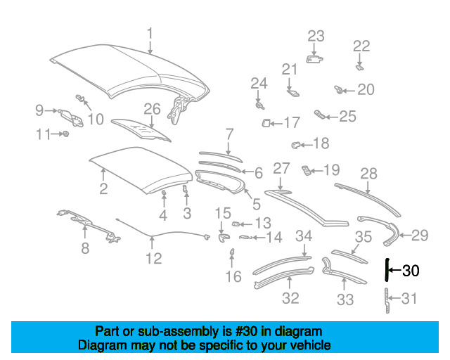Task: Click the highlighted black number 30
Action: pos(411,271)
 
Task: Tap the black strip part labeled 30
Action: pos(387,269)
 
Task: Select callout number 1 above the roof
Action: pos(150,34)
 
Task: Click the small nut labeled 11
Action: pos(66,134)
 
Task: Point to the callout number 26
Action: pos(152,110)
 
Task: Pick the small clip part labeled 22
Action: pos(360,67)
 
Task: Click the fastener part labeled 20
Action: pos(338,90)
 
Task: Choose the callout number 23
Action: pos(316,36)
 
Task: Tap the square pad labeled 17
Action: pos(266,123)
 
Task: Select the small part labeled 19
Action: pos(306,170)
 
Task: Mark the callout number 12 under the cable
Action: pos(154,258)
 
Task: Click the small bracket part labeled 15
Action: pos(224,238)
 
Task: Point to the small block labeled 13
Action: pos(236,224)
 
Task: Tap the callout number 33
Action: pos(345,300)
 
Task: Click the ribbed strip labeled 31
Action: pos(387,300)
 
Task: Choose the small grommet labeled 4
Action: pos(164,192)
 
